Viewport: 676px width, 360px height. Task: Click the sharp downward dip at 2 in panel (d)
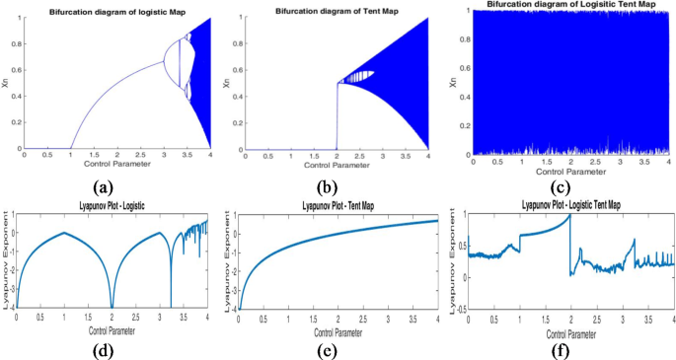click(112, 307)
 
